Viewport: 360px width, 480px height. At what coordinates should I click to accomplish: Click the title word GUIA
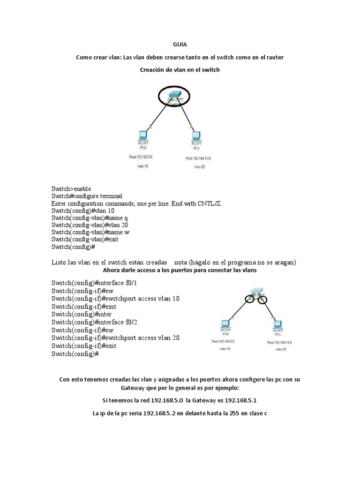(180, 45)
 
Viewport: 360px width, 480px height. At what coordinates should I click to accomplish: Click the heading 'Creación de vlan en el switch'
(180, 70)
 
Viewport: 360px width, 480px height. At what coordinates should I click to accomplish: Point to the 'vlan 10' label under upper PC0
(142, 166)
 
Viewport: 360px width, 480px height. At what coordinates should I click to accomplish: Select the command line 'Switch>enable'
(71, 188)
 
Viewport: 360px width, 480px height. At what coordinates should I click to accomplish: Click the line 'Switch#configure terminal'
(87, 196)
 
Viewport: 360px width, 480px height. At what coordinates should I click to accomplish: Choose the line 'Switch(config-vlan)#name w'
(90, 232)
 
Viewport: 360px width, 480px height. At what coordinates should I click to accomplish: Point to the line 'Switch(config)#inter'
(81, 314)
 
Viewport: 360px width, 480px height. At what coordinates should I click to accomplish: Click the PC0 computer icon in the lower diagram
(225, 324)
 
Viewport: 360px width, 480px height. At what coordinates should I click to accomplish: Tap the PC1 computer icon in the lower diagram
(277, 324)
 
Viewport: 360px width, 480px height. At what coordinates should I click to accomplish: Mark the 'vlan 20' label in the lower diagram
(281, 349)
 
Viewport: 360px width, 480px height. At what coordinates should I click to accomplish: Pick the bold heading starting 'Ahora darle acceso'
(180, 270)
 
